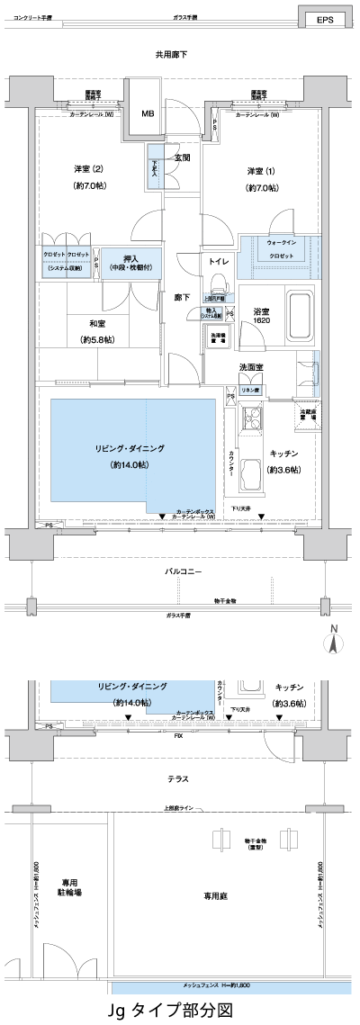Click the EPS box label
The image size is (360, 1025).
(324, 19)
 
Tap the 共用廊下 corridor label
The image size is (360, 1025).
(171, 55)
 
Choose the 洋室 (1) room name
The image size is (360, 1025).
(263, 171)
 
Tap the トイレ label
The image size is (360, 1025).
(219, 261)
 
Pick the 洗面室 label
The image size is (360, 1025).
(251, 367)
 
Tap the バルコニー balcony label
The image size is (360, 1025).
(182, 572)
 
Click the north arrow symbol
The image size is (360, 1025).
(333, 642)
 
